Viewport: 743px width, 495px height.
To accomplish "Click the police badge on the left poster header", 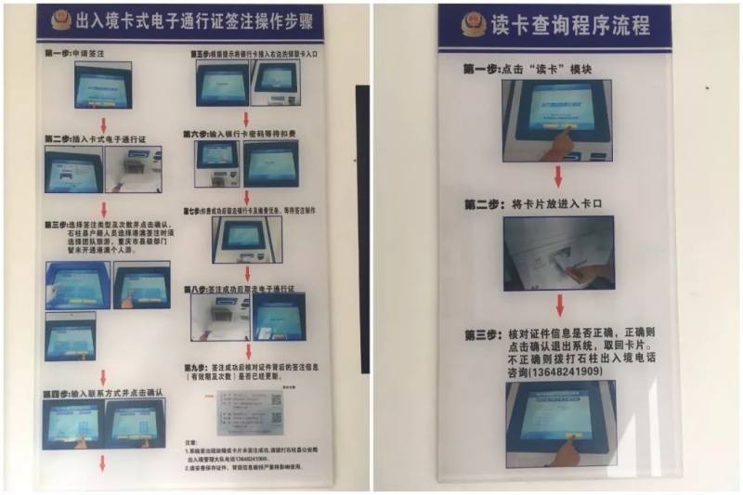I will pos(60,20).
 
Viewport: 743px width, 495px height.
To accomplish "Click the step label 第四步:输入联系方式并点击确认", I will pos(104,393).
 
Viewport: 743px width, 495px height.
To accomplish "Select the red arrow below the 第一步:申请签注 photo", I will pos(103,124).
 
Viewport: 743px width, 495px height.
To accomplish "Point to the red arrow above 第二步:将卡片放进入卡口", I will pos(557,176).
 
